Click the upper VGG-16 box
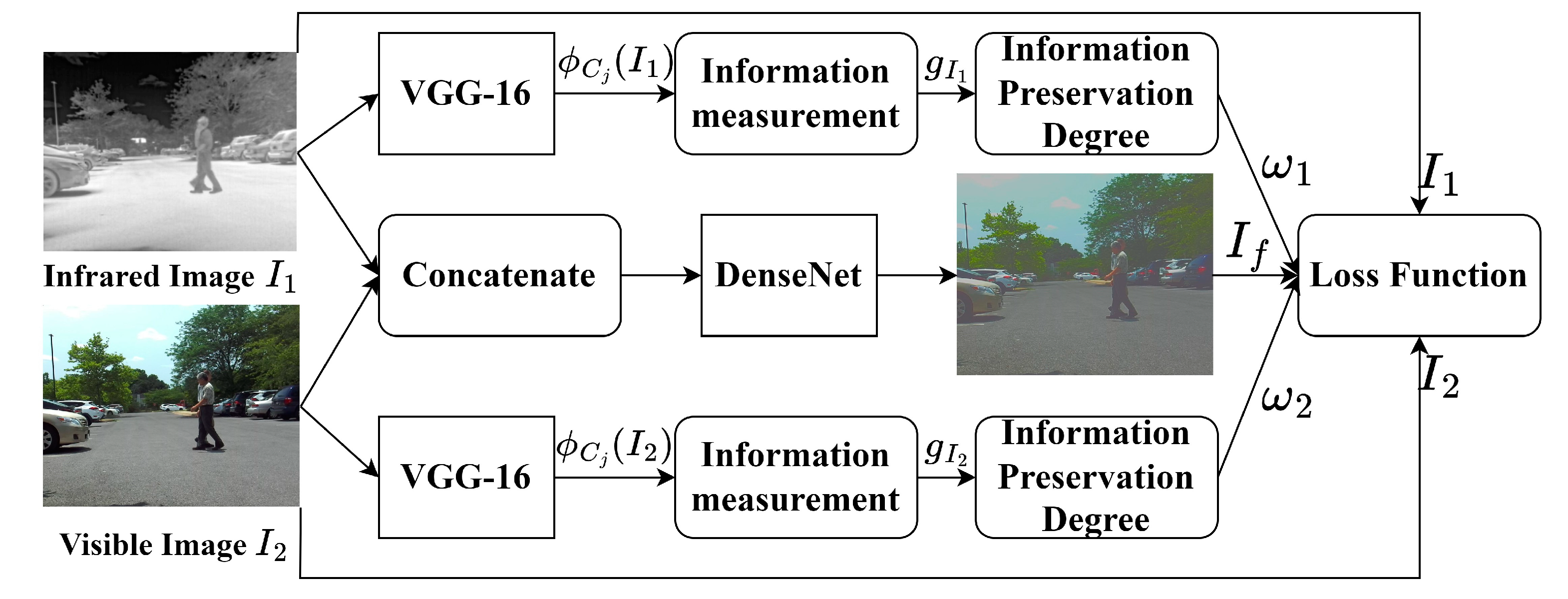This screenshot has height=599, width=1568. [x=466, y=93]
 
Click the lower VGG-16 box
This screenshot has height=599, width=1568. [x=466, y=477]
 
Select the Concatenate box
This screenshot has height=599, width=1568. [x=499, y=275]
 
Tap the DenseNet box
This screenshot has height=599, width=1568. [x=789, y=275]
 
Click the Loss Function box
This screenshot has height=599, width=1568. [x=1418, y=275]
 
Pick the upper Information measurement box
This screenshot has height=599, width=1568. [x=795, y=93]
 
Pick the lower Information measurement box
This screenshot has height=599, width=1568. [x=795, y=477]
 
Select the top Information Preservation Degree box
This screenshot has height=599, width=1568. [x=1096, y=93]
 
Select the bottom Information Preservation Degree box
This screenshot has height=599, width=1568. [x=1096, y=477]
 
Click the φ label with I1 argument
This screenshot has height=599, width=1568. [x=615, y=63]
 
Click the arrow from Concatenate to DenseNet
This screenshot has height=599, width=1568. [x=661, y=276]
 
